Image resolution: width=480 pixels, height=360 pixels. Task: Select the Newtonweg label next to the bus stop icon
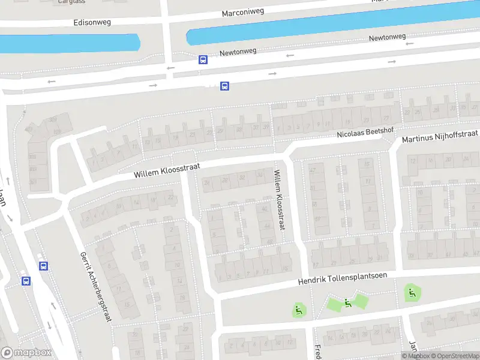tap(238, 52)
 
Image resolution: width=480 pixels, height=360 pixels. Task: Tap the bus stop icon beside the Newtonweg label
tap(203, 59)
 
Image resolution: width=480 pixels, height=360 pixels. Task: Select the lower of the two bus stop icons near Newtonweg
tap(224, 86)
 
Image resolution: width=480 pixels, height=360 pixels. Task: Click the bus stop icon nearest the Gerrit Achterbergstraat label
tap(43, 266)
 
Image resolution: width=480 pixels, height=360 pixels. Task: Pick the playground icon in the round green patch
tap(412, 293)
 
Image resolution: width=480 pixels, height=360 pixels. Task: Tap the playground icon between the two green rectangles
tap(347, 303)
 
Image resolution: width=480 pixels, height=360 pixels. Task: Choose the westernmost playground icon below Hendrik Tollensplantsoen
tap(298, 310)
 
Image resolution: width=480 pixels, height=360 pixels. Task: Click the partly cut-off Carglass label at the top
tap(71, 2)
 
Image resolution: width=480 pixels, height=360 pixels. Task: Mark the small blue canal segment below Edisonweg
tap(69, 43)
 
